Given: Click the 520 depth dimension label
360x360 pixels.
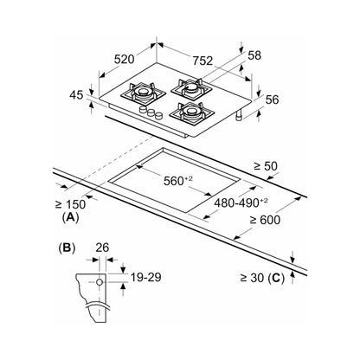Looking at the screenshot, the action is (x=125, y=59).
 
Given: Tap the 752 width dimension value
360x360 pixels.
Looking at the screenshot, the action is (x=202, y=61).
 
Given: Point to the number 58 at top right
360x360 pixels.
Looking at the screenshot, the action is (x=254, y=55).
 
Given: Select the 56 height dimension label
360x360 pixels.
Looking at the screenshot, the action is (x=272, y=100).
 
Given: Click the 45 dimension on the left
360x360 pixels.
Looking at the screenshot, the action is (x=76, y=95).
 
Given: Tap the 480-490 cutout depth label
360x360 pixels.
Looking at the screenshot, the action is (x=241, y=202).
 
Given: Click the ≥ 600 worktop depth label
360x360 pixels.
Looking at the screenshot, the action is (x=265, y=220).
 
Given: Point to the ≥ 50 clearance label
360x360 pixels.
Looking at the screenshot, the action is (x=266, y=166).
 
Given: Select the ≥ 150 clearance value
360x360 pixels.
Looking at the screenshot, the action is (x=70, y=204).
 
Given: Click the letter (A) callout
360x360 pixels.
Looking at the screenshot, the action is (x=70, y=217).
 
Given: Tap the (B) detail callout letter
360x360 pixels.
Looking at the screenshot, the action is (x=67, y=248).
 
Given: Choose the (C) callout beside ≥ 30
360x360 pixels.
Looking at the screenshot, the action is (x=276, y=278).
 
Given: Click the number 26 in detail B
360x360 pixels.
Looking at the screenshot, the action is (x=102, y=247).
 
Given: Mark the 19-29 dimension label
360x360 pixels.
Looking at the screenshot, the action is (x=145, y=277).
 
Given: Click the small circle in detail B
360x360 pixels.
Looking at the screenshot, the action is (x=100, y=282).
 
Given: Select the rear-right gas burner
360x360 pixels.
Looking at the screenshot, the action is (x=190, y=87).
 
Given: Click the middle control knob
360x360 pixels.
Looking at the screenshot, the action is (x=151, y=112).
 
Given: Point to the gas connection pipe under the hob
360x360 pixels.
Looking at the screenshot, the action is (x=240, y=115).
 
